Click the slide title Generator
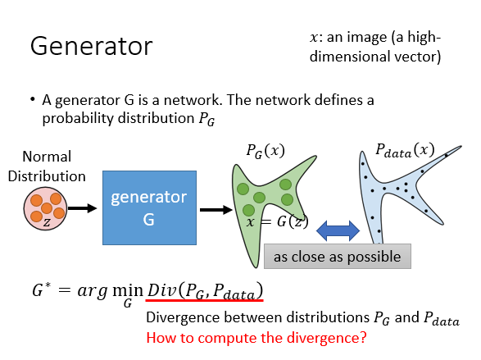click(92, 46)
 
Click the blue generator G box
click(149, 207)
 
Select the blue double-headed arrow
click(338, 230)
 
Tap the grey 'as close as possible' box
click(338, 257)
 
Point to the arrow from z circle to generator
click(82, 208)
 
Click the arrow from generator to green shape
click(216, 210)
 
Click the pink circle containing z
click(45, 208)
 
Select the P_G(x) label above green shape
click(265, 151)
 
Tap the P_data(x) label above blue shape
click(405, 150)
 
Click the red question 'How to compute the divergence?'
click(256, 338)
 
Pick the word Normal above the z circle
click(47, 157)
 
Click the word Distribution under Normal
click(47, 176)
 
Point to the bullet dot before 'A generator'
click(33, 99)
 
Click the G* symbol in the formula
click(42, 290)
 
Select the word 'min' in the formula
click(128, 290)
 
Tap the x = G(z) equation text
click(277, 221)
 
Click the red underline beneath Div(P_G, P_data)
click(204, 300)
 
